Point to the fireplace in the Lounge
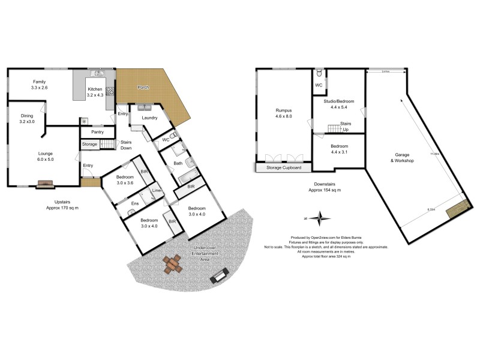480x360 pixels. tap(44, 185)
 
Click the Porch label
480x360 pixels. tap(144, 88)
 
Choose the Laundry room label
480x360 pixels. tap(149, 118)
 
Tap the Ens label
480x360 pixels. tap(135, 203)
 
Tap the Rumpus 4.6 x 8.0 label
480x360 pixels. tap(283, 113)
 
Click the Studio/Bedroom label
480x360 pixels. tap(340, 101)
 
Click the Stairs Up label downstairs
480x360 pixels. tap(346, 126)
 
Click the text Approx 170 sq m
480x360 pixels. tap(62, 208)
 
